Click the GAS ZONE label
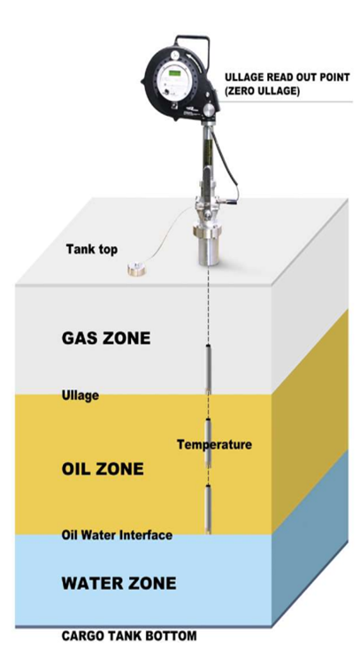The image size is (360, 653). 106,338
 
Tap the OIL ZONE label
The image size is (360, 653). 103,469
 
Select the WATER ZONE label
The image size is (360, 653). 119,583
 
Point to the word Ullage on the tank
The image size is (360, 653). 80,395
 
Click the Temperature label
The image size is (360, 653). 214,444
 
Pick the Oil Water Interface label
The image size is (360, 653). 117,534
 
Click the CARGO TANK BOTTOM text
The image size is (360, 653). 129,636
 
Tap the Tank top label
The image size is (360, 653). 92,249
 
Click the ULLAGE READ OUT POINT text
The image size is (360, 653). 287,78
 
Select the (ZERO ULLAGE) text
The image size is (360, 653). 262,92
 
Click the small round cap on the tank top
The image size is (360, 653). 136,270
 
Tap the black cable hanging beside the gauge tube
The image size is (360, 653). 229,163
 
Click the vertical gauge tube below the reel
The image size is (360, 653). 208,158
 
